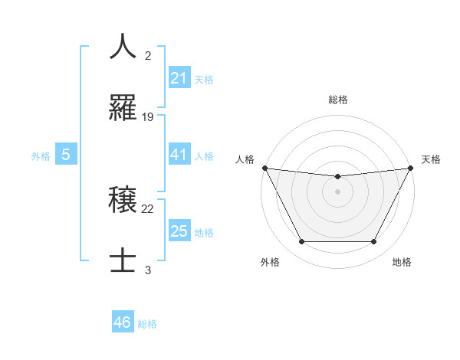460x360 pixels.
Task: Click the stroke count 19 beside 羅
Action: (148, 117)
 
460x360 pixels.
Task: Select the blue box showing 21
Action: (179, 78)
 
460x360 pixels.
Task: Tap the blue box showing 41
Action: (179, 155)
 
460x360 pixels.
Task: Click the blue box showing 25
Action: (179, 231)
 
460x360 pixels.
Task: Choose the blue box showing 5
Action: (65, 155)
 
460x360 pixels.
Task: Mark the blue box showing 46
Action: (122, 322)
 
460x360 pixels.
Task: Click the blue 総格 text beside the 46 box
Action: (147, 324)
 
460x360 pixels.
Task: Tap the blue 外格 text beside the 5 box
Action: (41, 156)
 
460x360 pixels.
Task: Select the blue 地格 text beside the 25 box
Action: (204, 232)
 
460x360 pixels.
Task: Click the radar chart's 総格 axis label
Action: (337, 100)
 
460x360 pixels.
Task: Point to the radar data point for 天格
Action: (411, 168)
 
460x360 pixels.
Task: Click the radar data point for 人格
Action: (264, 168)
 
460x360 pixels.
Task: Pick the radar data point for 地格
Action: (373, 242)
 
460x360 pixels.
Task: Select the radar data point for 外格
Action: (301, 242)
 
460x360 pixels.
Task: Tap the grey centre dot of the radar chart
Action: (337, 191)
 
